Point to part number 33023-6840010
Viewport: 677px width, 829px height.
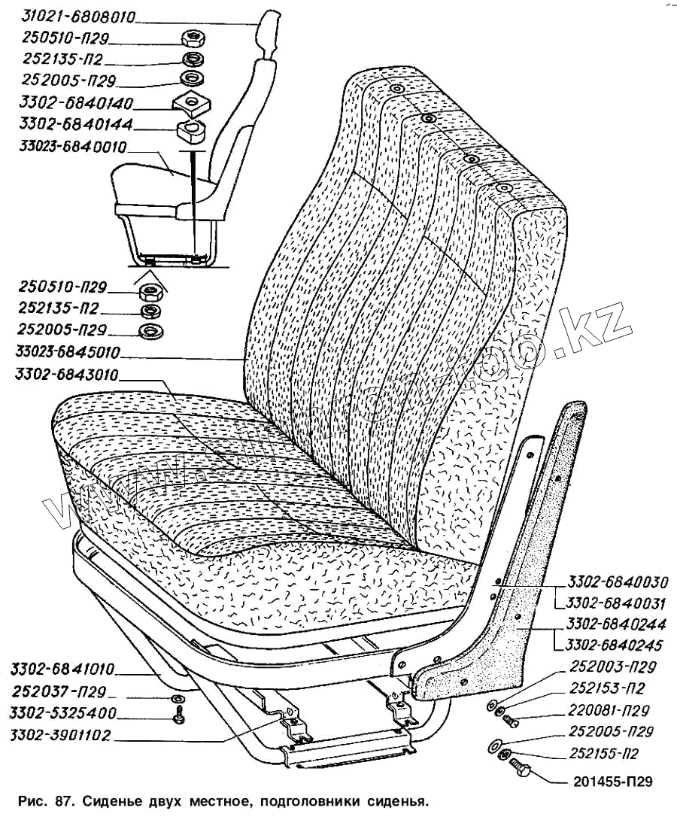(x=73, y=147)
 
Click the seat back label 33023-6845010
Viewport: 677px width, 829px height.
(x=70, y=352)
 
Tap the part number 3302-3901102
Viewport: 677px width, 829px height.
(x=62, y=736)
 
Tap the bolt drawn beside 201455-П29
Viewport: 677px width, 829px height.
(x=521, y=769)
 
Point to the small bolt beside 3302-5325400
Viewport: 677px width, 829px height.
(x=179, y=718)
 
